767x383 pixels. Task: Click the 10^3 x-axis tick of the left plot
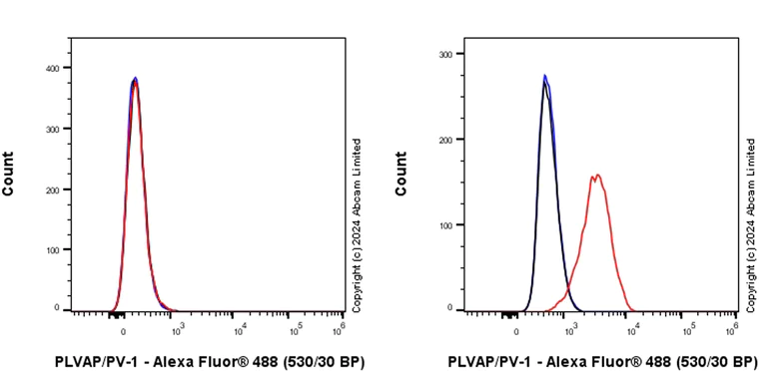click(x=179, y=329)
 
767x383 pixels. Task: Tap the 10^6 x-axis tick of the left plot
click(x=343, y=329)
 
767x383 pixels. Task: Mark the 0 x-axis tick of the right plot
click(x=516, y=329)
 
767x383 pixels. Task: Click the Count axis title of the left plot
click(x=8, y=173)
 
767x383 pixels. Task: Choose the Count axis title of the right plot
click(x=400, y=173)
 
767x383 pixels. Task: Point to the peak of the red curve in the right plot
click(x=596, y=176)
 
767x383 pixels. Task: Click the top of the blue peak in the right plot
click(x=544, y=75)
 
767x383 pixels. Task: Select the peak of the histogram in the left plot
click(x=135, y=78)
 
